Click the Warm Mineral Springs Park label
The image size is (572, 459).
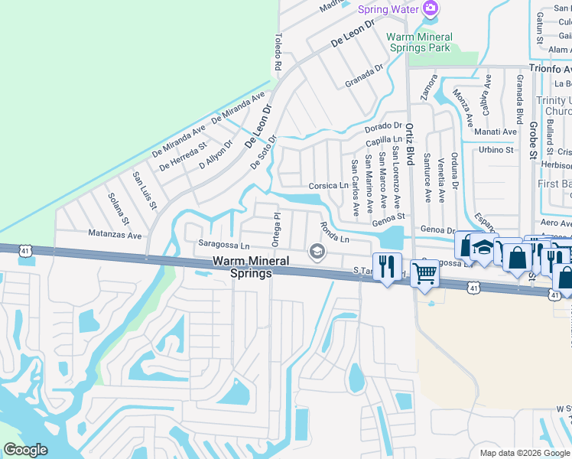pos(419,42)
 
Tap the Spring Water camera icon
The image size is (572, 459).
pos(431,8)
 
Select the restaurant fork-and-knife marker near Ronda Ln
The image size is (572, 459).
pos(387,266)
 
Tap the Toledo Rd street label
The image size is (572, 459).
pos(278,53)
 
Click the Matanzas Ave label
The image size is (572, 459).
pos(115,236)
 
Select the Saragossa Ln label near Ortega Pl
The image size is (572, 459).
pos(224,246)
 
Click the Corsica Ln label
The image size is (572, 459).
pos(328,186)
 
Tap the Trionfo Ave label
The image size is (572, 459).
pos(550,67)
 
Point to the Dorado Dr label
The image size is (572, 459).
pos(383,125)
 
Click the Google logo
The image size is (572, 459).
pos(25,450)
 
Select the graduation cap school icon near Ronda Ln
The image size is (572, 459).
pos(316,251)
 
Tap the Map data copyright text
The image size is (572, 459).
pos(525,453)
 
